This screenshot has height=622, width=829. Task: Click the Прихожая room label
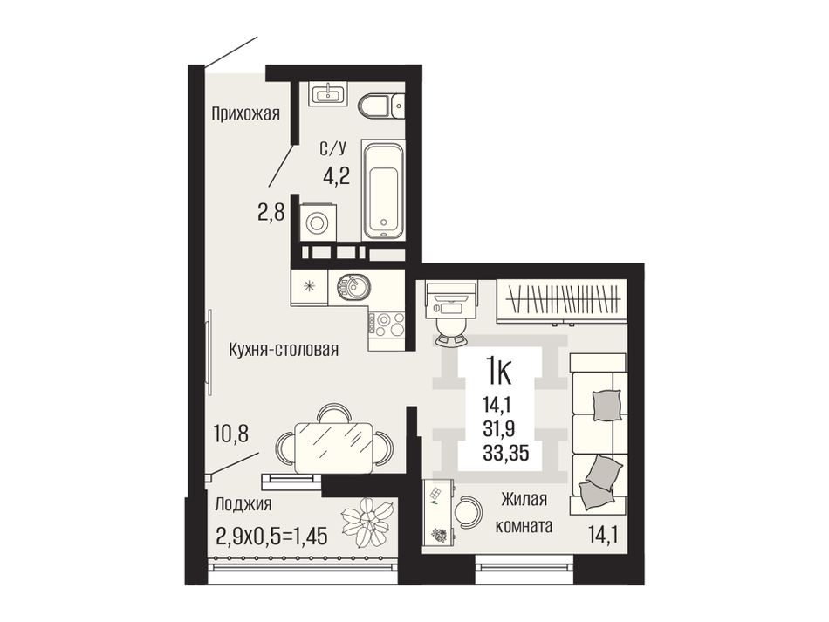245,114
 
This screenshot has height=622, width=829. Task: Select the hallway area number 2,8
271,213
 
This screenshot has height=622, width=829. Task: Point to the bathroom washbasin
329,94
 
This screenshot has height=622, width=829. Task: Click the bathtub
383,188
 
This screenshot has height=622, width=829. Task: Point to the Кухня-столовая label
284,349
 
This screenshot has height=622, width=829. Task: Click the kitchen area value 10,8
232,434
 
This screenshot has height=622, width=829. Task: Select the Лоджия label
243,505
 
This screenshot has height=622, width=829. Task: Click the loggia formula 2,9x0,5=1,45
271,536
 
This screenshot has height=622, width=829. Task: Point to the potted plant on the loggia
368,523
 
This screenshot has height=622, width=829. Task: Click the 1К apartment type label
498,372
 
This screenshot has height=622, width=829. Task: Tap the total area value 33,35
505,453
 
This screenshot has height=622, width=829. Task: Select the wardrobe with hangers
562,302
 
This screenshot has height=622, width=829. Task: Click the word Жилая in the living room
524,500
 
